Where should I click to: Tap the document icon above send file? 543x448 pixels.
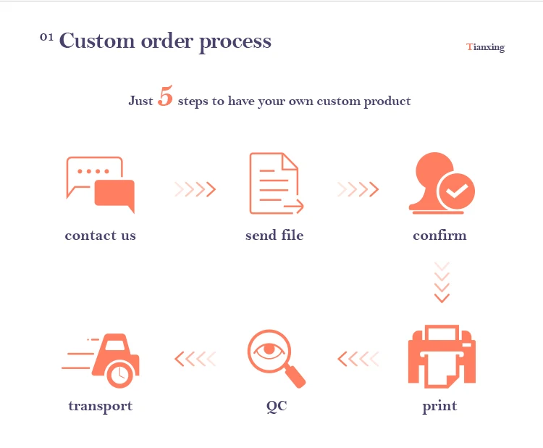point(275,183)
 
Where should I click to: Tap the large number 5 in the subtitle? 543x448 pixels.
point(165,98)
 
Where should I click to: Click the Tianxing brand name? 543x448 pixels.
point(486,47)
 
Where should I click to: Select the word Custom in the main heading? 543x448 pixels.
point(98,41)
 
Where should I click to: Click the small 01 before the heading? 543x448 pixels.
point(46,37)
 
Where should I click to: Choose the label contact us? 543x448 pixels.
point(100,236)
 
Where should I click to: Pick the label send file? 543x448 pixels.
point(274,236)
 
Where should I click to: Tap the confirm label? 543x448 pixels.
point(439,236)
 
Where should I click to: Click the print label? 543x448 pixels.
point(439,406)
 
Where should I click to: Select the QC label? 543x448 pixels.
point(277,406)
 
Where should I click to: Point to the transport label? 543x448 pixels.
point(100,406)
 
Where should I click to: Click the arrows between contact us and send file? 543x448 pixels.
point(195,190)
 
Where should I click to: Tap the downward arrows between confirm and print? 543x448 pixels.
point(442,282)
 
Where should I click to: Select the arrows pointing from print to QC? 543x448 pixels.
point(358,358)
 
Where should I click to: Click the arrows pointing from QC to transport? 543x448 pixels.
point(195,358)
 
